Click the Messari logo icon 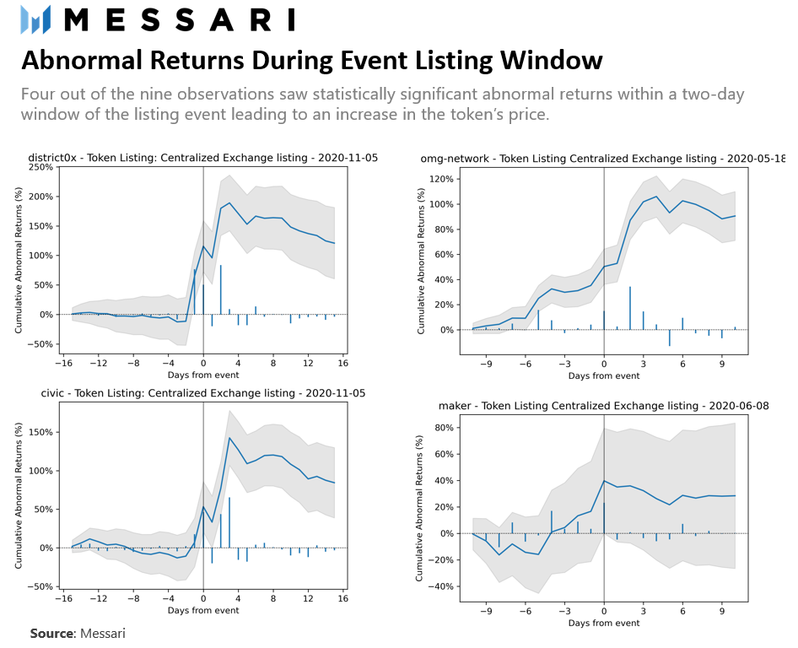coord(35,19)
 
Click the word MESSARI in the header coord(180,19)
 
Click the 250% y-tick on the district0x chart coord(40,167)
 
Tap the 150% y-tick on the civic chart coord(40,432)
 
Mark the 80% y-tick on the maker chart coord(443,428)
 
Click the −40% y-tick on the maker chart coord(440,587)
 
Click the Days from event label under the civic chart coord(202,610)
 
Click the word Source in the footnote coord(51,633)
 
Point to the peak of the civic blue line coord(229,437)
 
